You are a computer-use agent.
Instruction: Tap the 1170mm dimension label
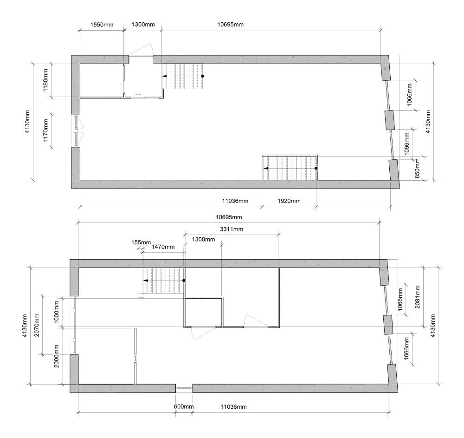pos(46,131)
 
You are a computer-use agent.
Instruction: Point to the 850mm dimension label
pos(417,169)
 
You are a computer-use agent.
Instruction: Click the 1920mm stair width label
pos(289,201)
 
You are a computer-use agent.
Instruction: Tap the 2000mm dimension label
pos(57,355)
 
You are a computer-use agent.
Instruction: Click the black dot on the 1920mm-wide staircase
pos(316,168)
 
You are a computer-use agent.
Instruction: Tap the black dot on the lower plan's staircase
pos(184,281)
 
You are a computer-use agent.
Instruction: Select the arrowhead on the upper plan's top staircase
pos(164,76)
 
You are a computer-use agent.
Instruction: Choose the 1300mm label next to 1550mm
pos(143,24)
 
